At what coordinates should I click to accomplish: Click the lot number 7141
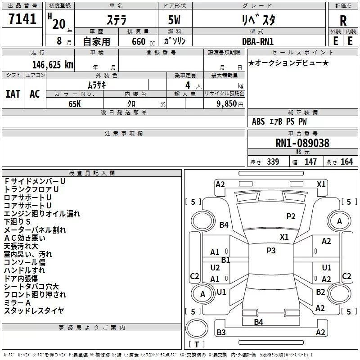click(22, 19)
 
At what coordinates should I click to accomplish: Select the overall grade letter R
click(343, 21)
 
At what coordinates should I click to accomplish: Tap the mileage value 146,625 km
click(53, 65)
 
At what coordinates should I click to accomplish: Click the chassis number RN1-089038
click(302, 143)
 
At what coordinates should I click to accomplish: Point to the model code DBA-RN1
click(257, 41)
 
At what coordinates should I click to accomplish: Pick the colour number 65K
click(75, 104)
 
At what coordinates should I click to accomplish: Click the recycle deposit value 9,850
click(226, 103)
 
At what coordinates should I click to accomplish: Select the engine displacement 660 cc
click(143, 41)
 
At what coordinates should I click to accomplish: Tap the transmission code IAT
click(13, 94)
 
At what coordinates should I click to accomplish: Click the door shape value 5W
click(174, 20)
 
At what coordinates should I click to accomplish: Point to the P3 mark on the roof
click(271, 251)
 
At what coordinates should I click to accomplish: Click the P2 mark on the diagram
click(291, 216)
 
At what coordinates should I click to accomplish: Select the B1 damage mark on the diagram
click(225, 260)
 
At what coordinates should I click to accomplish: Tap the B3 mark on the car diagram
click(221, 332)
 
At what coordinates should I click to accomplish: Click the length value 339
click(273, 162)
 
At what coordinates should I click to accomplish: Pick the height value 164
click(346, 162)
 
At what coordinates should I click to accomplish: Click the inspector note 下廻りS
click(17, 221)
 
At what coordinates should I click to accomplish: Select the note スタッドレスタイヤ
click(34, 310)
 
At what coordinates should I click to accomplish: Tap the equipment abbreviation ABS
click(258, 121)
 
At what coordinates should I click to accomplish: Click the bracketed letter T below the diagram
click(197, 344)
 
